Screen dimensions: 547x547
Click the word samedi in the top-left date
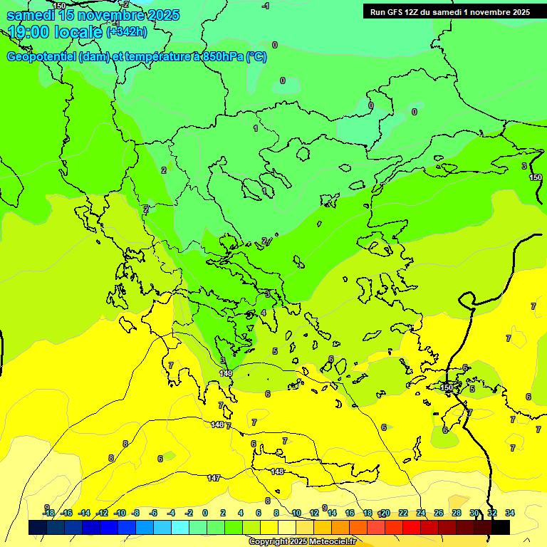[29, 14]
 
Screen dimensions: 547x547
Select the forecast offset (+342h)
[126, 32]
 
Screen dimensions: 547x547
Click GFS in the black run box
[397, 12]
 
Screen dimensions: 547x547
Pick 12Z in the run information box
[416, 12]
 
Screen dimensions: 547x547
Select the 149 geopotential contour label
[226, 373]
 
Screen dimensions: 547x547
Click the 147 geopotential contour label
[214, 478]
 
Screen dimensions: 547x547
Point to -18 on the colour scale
[48, 513]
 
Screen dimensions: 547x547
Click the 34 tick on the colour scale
[510, 513]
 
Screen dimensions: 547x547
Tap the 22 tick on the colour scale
[403, 513]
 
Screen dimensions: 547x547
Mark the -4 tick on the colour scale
[171, 513]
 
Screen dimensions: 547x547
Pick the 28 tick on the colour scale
[457, 513]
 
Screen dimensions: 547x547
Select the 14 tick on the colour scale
[332, 513]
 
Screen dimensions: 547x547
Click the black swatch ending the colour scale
[501, 527]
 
